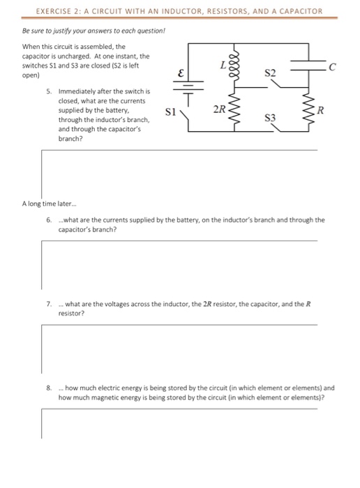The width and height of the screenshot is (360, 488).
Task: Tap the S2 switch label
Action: [x=271, y=73]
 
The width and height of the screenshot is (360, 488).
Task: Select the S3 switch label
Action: [x=271, y=119]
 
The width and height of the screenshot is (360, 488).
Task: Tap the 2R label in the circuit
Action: [x=219, y=108]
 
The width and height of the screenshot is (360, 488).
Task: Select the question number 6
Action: [x=47, y=219]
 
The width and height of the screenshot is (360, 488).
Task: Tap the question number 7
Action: [x=47, y=305]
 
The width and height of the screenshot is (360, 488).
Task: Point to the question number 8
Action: [x=47, y=388]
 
